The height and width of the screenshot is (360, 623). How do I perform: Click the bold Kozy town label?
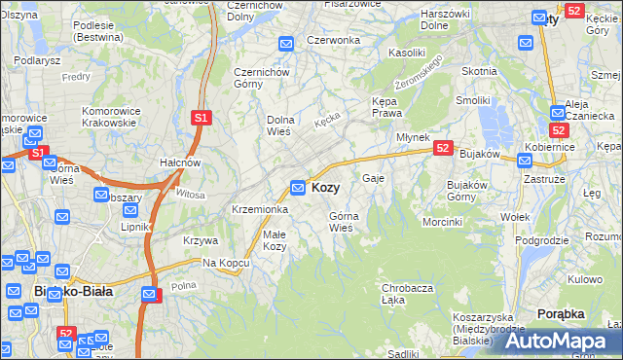click(325, 187)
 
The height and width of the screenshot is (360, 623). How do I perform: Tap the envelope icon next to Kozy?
click(299, 187)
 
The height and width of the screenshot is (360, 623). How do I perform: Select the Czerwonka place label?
click(333, 40)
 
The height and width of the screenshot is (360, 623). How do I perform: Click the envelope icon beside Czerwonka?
click(286, 44)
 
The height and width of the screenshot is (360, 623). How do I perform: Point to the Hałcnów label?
click(180, 162)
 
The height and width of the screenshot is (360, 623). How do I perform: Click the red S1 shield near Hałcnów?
click(201, 118)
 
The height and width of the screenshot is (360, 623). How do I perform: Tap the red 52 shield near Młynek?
click(443, 148)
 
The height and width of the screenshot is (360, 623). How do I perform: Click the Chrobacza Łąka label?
click(407, 294)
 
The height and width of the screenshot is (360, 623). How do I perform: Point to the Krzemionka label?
click(259, 209)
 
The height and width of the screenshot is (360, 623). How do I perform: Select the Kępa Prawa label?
click(388, 107)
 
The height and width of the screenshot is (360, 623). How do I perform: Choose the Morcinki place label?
click(442, 222)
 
